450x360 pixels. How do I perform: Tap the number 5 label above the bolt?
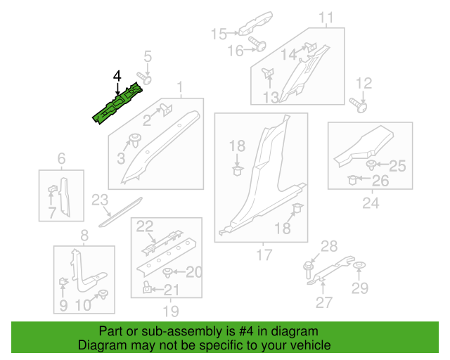[148, 56]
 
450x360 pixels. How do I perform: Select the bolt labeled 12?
[360, 106]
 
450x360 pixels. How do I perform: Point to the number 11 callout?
[326, 18]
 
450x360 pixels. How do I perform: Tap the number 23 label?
[101, 200]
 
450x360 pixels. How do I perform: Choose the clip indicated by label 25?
[371, 166]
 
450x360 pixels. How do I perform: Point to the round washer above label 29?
[359, 266]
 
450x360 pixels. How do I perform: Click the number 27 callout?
[323, 303]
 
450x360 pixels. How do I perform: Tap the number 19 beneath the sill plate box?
[166, 311]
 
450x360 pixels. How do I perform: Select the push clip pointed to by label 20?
[167, 272]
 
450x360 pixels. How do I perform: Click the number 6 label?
[61, 159]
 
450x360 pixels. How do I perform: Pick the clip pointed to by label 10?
[104, 294]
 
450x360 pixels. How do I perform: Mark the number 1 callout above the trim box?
[180, 88]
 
